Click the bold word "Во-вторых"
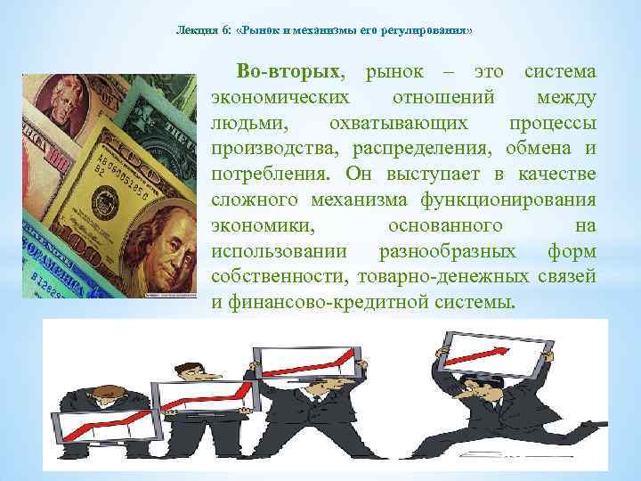pos(289,70)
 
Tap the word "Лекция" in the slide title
pos(195,30)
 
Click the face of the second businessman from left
pos(184,375)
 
